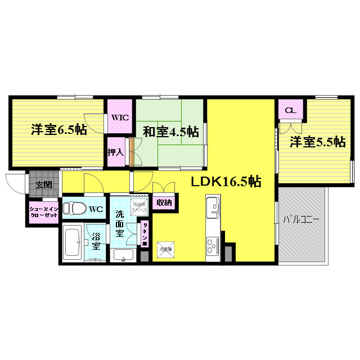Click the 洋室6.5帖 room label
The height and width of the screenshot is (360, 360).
click(58, 130)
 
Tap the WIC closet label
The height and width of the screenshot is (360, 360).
click(119, 118)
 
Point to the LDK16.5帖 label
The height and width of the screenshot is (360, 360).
click(225, 182)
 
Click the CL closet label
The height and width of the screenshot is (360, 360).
click(290, 110)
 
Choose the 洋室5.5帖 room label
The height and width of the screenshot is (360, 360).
click(317, 142)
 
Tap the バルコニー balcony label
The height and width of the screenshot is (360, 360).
click(301, 220)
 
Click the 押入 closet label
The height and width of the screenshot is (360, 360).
click(115, 152)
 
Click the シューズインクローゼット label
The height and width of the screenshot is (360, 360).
click(43, 213)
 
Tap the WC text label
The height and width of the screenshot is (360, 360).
click(96, 209)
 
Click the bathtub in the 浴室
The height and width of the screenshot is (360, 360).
click(72, 244)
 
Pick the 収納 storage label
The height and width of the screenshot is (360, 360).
click(164, 202)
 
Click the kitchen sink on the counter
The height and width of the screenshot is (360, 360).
click(213, 209)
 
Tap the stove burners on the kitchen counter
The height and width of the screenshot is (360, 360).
click(213, 246)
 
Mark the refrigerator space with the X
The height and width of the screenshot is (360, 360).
click(165, 248)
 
